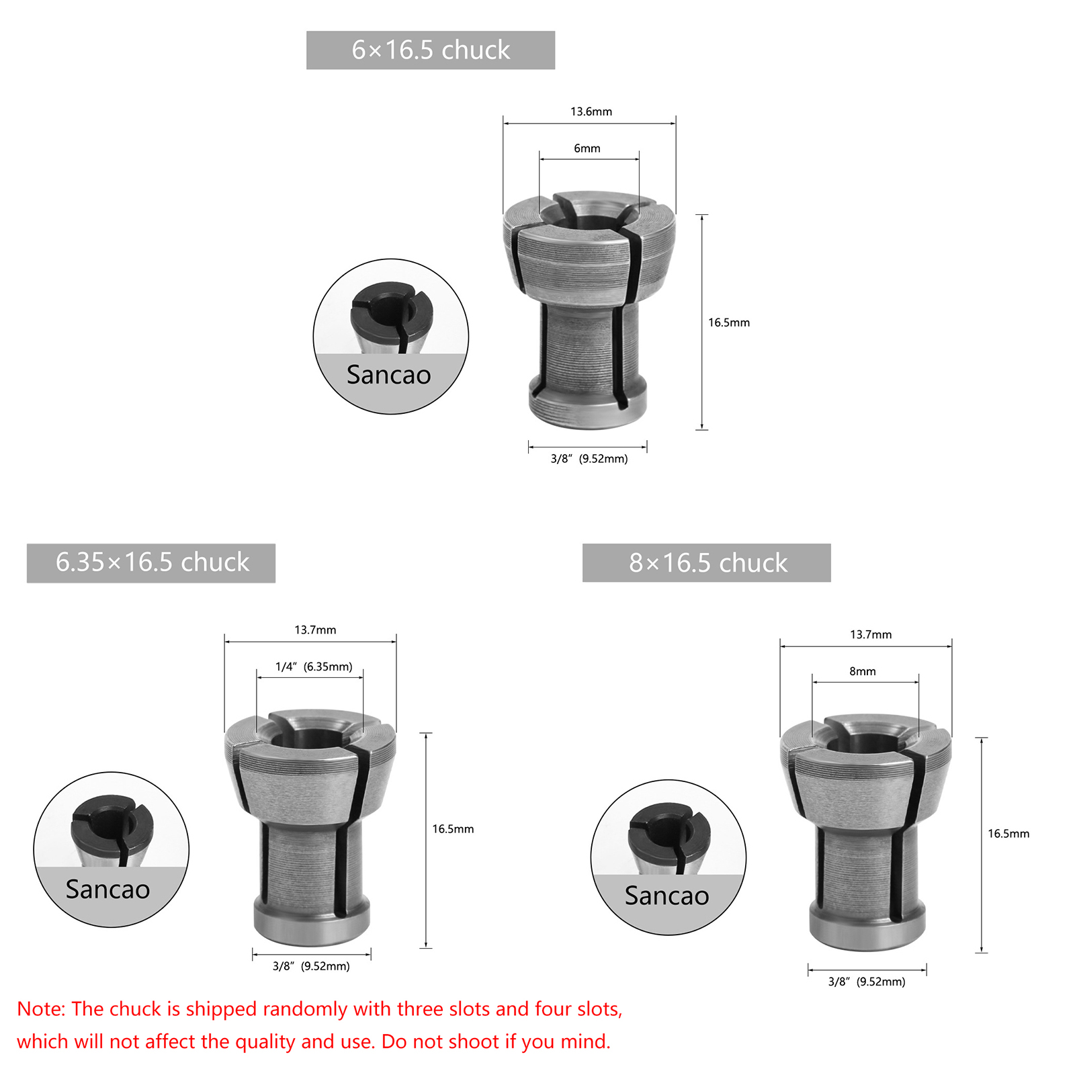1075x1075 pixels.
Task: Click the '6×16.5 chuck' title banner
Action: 431,50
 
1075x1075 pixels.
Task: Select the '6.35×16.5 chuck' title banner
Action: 151,563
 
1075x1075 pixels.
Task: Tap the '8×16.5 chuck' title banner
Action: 707,563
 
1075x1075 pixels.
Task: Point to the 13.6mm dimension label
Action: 591,112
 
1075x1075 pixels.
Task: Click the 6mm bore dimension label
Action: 587,148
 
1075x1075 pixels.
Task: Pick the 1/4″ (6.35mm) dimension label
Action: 314,667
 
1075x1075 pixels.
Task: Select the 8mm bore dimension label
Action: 863,671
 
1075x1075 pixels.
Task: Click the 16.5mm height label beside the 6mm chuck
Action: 729,322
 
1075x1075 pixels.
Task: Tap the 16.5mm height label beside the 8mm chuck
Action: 1008,834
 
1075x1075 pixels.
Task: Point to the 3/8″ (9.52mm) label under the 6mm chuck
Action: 589,459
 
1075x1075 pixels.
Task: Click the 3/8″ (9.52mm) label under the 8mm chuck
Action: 867,982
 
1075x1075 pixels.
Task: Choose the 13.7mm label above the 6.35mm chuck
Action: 315,630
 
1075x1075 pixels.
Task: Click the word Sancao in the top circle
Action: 389,375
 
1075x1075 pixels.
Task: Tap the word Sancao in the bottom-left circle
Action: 108,890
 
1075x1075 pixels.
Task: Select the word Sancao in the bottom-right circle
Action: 667,896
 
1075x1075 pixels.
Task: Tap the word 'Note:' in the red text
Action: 41,1009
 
